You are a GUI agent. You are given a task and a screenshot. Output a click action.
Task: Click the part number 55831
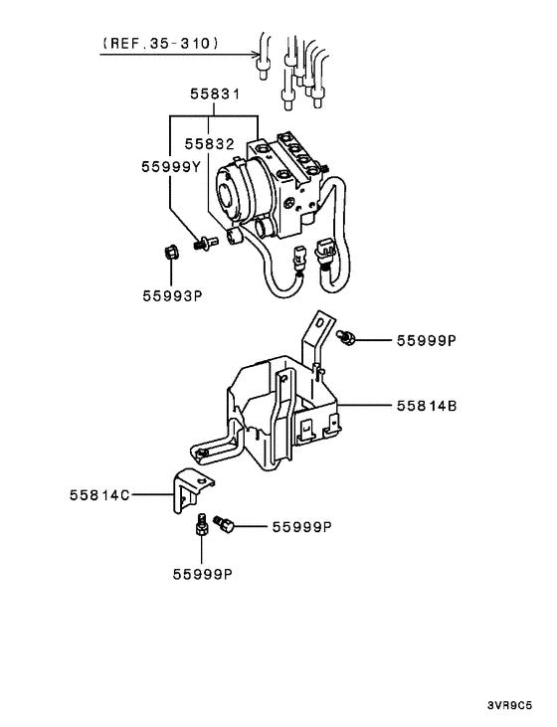(215, 94)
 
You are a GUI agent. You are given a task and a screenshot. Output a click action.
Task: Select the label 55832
(210, 144)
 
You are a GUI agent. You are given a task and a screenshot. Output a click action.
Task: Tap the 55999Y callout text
(171, 167)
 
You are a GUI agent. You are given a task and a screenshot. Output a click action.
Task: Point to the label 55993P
(172, 295)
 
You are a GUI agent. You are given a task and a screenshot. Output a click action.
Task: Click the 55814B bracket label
(427, 406)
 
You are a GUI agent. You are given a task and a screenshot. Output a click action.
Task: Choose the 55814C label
(99, 495)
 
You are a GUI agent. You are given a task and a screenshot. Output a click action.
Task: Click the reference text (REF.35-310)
(160, 43)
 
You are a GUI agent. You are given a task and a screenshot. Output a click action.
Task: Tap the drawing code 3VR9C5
(509, 706)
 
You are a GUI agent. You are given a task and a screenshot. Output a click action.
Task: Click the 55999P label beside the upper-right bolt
(427, 341)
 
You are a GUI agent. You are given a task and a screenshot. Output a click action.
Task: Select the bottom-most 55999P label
(203, 575)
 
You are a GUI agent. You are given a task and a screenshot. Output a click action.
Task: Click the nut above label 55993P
(171, 254)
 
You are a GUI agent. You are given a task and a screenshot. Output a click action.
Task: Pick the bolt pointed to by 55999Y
(205, 243)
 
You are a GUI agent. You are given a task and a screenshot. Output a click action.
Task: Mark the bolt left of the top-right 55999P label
(346, 337)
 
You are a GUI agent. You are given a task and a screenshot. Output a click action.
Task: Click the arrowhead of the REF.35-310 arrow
(256, 55)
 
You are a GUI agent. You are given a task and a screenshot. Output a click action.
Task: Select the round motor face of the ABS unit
(230, 194)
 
